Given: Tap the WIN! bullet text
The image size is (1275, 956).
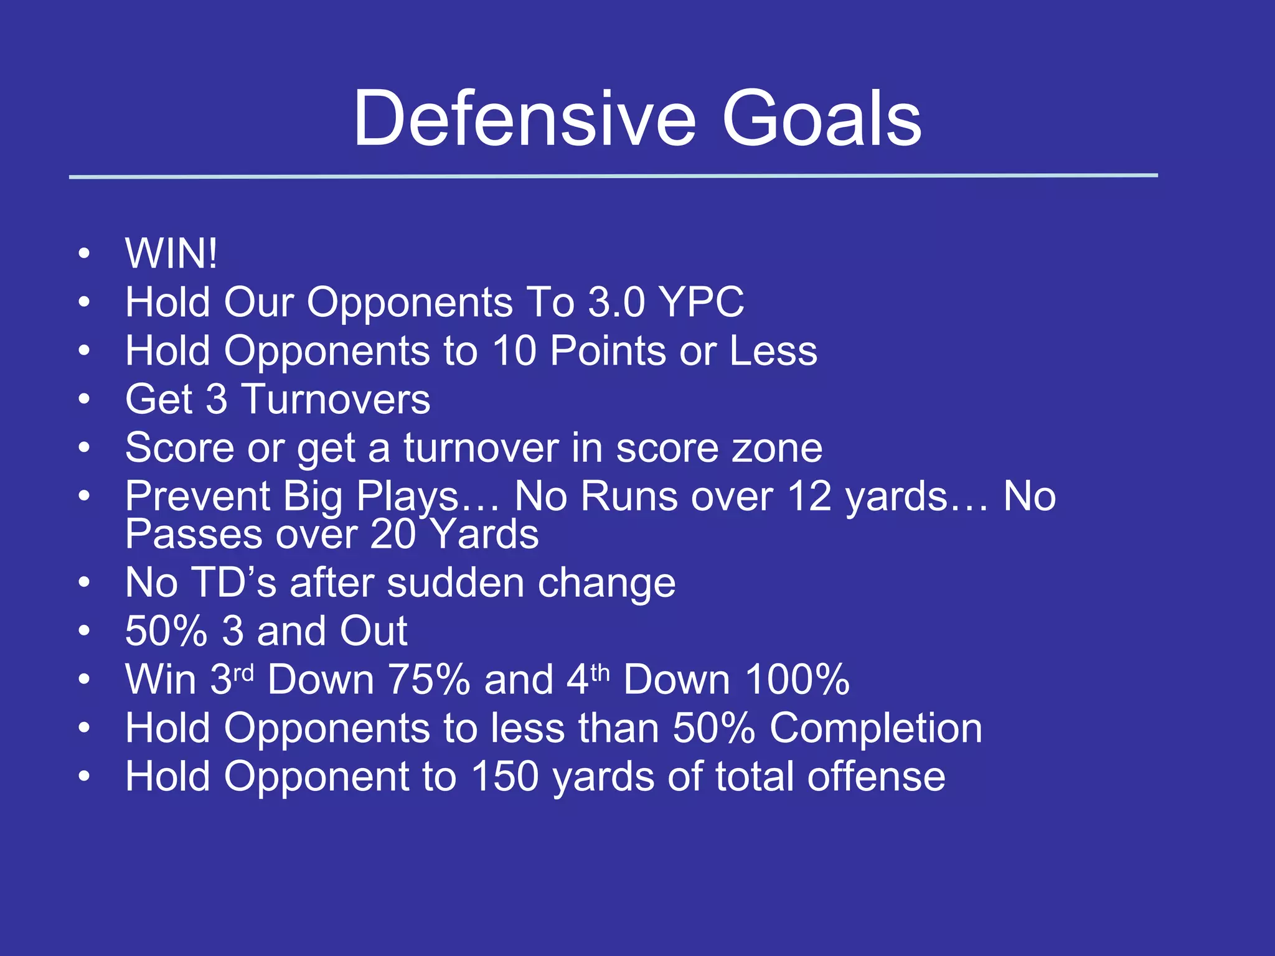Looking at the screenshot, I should [x=171, y=253].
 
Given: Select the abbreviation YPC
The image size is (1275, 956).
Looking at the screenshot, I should [x=702, y=302].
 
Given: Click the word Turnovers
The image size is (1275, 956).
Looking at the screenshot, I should [x=336, y=399].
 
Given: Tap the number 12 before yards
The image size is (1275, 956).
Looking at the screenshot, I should [x=809, y=496].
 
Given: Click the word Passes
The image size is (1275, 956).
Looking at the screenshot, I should [x=194, y=534].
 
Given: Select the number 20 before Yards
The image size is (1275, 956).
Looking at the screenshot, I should [x=393, y=534].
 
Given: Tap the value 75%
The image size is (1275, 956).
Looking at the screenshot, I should [x=428, y=679].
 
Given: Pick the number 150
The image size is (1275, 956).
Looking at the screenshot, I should [x=504, y=776].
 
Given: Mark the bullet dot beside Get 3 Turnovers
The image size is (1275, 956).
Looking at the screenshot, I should [x=84, y=399].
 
